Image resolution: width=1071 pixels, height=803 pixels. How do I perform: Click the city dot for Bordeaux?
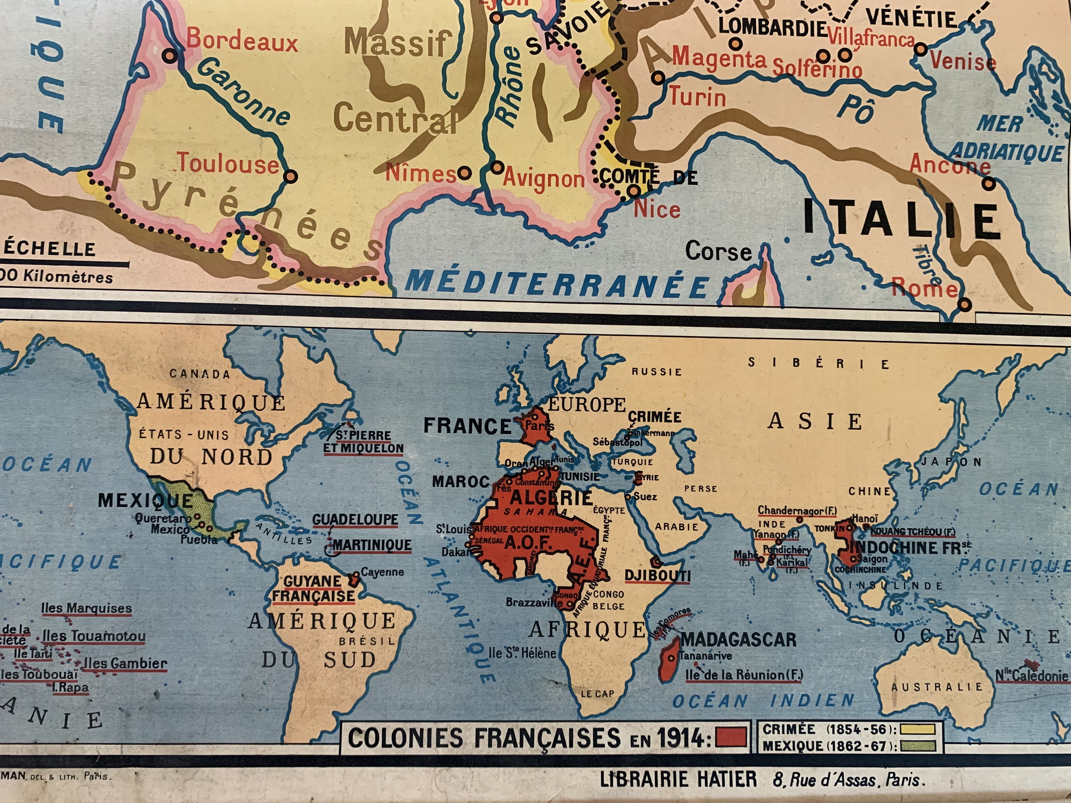click(x=170, y=56)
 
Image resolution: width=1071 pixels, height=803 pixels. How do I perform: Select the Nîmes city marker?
click(x=464, y=173)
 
